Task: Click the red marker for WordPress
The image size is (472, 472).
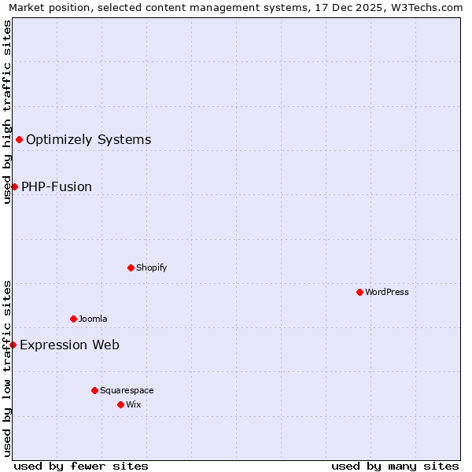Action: (x=360, y=292)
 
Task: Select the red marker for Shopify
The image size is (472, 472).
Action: (x=131, y=267)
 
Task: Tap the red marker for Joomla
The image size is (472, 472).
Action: (x=73, y=319)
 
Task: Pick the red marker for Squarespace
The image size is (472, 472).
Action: (x=94, y=390)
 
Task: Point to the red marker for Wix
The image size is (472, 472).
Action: (x=120, y=404)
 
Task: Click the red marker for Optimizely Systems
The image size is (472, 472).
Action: (x=19, y=139)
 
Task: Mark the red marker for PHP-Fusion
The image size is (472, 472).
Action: (x=14, y=186)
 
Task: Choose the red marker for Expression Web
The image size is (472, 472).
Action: (x=13, y=345)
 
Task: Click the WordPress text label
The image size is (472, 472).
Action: (x=387, y=292)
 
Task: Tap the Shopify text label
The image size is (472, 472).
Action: (x=152, y=267)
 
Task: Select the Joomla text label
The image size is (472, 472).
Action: (x=93, y=319)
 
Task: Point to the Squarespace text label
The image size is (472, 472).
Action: (x=127, y=390)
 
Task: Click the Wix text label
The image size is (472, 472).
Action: (x=133, y=404)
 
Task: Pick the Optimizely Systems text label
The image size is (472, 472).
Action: (x=88, y=140)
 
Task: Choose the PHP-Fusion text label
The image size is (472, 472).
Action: (x=57, y=187)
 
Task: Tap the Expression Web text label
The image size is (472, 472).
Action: (x=69, y=345)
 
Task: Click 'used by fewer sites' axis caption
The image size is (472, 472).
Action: (x=81, y=466)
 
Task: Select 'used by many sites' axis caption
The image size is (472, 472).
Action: (x=395, y=466)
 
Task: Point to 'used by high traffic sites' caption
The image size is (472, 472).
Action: (x=7, y=112)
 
